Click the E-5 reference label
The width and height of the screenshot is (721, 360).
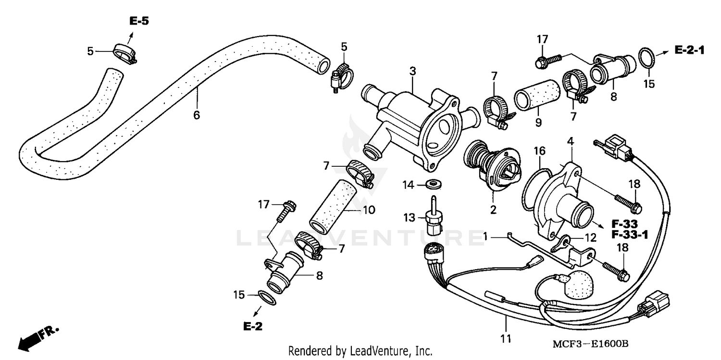[x=139, y=21]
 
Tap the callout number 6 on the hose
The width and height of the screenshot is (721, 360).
[x=196, y=115]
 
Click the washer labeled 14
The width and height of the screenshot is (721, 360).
[x=435, y=184]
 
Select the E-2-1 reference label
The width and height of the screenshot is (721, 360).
[x=690, y=50]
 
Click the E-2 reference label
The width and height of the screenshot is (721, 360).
[x=253, y=327]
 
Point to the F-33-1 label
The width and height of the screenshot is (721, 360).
[x=630, y=235]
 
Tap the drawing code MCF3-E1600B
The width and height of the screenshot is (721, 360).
[x=590, y=344]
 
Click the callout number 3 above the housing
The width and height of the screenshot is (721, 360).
[x=412, y=72]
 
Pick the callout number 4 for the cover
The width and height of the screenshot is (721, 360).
[x=570, y=142]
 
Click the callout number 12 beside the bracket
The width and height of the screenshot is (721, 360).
[x=590, y=237]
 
